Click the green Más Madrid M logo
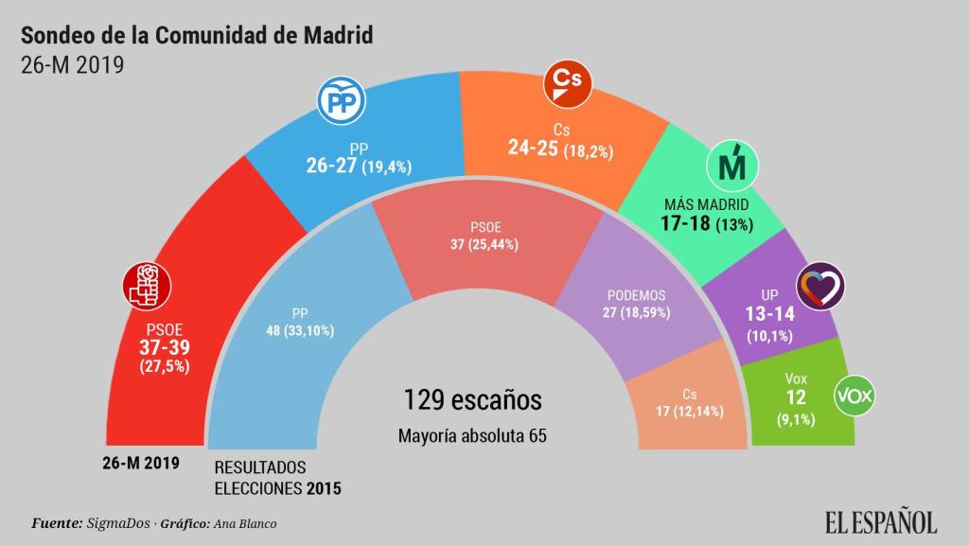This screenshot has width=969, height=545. pyautogui.click(x=731, y=167)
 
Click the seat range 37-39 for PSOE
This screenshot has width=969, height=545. pyautogui.click(x=164, y=347)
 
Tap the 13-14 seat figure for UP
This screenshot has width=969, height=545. pyautogui.click(x=770, y=313)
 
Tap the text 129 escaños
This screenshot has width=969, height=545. pyautogui.click(x=473, y=399)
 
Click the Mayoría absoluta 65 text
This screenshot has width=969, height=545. pyautogui.click(x=473, y=436)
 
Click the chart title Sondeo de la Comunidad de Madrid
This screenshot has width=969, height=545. pyautogui.click(x=197, y=35)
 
